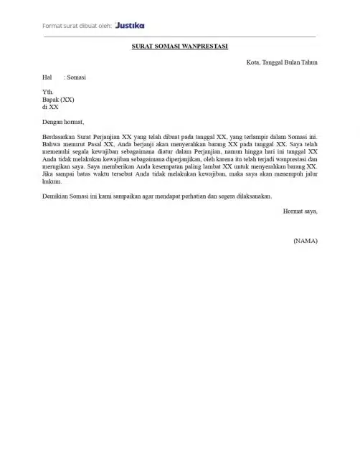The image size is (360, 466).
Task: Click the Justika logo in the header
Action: click(130, 25)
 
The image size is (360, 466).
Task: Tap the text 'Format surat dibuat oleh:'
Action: click(77, 26)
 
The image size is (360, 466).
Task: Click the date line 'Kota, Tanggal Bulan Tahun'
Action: click(282, 62)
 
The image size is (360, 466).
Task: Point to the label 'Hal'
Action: click(47, 77)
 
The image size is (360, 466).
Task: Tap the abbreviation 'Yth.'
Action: click(48, 92)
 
